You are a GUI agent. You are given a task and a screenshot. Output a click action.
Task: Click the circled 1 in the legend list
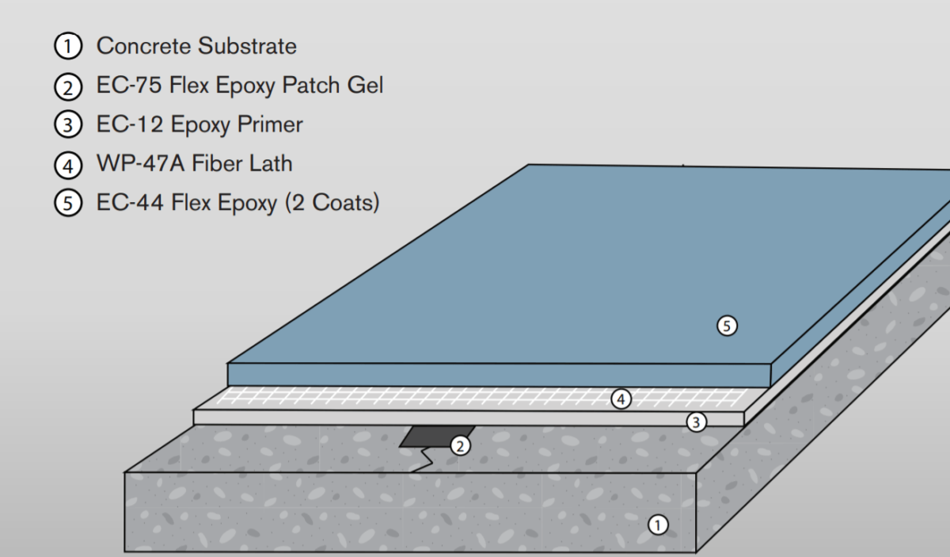(68, 47)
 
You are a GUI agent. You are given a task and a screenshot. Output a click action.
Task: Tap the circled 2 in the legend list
(68, 86)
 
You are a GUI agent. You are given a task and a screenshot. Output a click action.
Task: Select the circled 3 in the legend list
(68, 125)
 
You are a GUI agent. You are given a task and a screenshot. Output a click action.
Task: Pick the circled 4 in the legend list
(68, 165)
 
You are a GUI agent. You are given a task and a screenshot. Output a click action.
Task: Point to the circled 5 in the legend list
(68, 204)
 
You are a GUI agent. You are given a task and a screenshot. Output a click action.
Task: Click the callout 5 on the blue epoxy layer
(727, 324)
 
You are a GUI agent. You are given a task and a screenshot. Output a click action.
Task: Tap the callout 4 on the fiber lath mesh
(621, 399)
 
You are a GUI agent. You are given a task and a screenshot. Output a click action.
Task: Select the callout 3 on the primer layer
(696, 422)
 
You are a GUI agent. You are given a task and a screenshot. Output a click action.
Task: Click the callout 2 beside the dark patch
(460, 445)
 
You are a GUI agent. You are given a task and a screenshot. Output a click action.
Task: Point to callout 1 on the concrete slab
(658, 524)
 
